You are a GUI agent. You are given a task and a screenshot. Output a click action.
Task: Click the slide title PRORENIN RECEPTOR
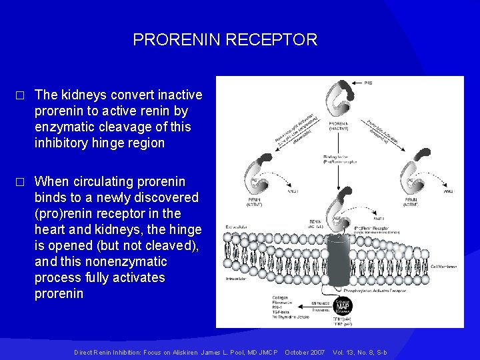(x=225, y=40)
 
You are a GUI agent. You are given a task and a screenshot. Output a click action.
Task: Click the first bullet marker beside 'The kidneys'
(x=21, y=95)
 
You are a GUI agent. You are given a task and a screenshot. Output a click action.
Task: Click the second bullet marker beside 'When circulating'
(x=21, y=182)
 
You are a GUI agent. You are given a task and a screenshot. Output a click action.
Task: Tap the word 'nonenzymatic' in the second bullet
(x=134, y=261)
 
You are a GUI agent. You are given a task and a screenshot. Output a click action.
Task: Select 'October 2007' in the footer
(x=304, y=351)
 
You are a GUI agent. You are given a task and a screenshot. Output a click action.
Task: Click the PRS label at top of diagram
(x=369, y=83)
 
